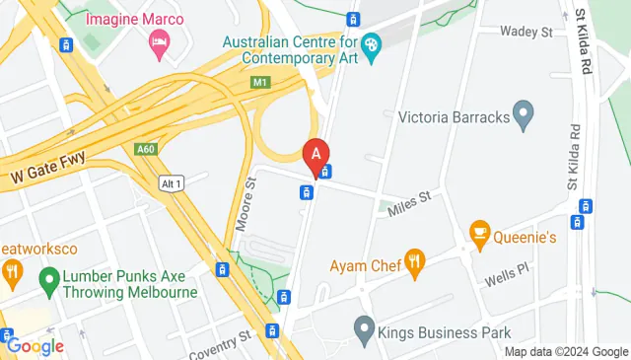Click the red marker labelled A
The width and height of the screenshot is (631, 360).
coord(315,156)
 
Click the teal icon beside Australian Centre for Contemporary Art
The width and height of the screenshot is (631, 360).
coord(371,44)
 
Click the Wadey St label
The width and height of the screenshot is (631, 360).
coord(526,32)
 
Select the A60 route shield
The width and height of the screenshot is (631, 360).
coord(146,149)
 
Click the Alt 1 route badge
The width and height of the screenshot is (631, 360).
coord(172,182)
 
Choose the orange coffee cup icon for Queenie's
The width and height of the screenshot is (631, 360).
coord(480,233)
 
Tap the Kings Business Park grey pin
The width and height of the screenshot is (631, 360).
coord(364,326)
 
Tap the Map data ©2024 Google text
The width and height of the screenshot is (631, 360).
coord(567,352)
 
